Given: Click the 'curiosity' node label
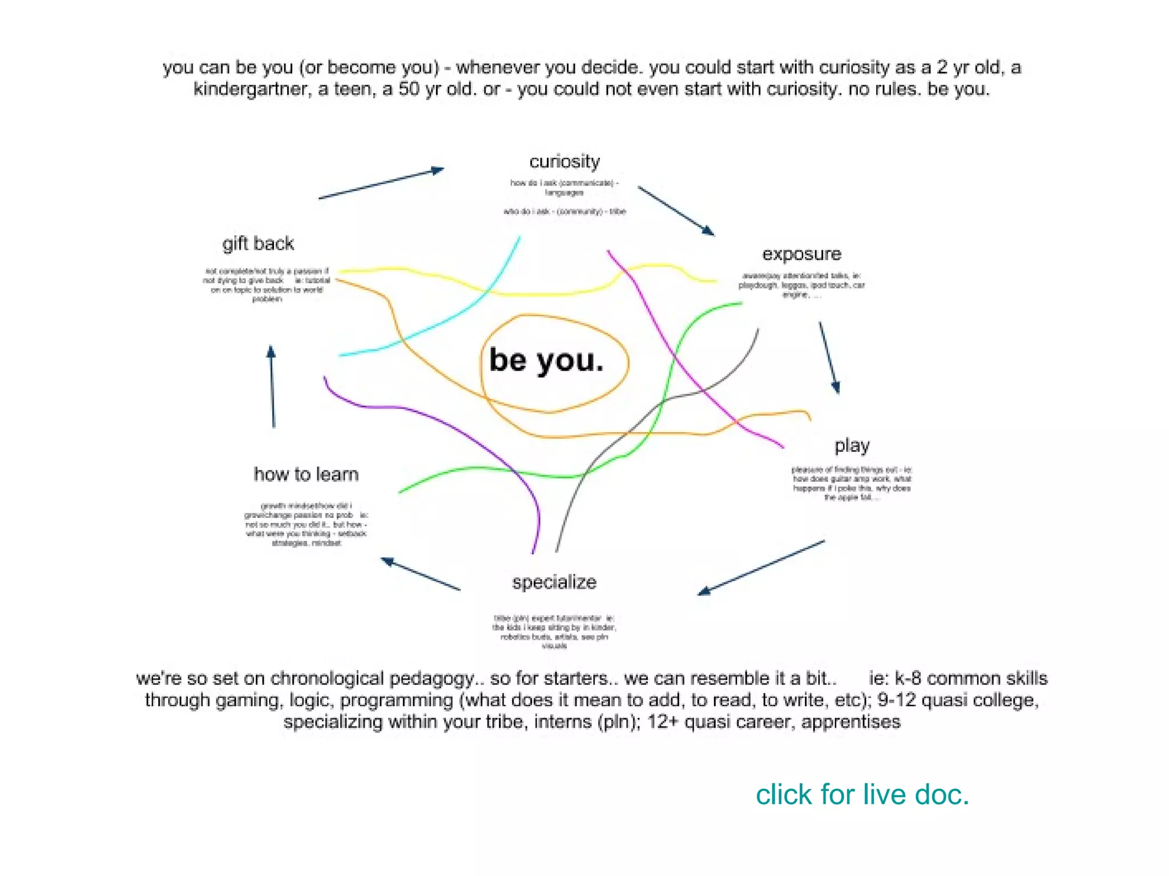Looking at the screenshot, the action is click(x=565, y=161).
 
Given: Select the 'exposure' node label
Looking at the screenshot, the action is click(x=801, y=254).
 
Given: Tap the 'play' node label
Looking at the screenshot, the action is click(x=852, y=445).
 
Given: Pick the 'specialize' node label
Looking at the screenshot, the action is click(x=554, y=582).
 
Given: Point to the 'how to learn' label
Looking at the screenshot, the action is click(x=306, y=474).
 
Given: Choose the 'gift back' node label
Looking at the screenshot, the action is click(x=258, y=244).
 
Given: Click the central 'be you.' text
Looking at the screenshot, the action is click(x=546, y=360).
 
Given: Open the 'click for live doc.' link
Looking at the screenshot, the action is click(x=862, y=794).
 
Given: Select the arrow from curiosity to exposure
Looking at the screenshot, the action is click(x=676, y=210).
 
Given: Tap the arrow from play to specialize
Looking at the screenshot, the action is click(x=761, y=567).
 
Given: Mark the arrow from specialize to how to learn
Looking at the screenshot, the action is click(x=421, y=574).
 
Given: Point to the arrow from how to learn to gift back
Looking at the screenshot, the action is click(x=272, y=387).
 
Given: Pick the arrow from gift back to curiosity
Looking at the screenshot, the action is click(x=381, y=184).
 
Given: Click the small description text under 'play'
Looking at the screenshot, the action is click(x=852, y=484).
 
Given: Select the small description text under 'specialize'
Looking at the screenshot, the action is click(x=554, y=632).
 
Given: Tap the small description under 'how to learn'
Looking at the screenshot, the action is click(x=306, y=524).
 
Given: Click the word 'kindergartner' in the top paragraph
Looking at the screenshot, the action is click(x=252, y=90).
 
